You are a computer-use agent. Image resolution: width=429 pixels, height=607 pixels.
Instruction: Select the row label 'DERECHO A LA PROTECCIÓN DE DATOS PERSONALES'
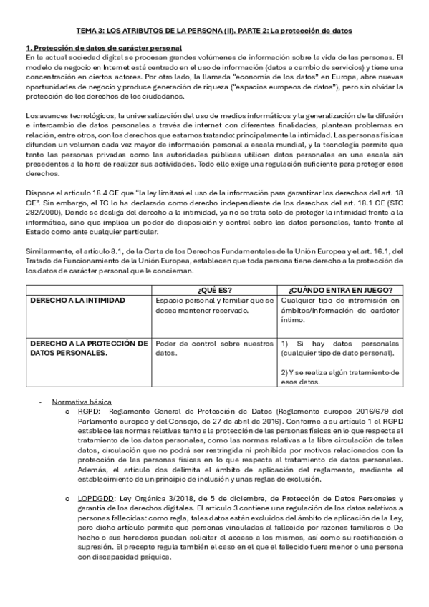pos(88,348)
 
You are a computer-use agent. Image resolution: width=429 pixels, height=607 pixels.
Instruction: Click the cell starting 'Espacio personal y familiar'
pos(214,305)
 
